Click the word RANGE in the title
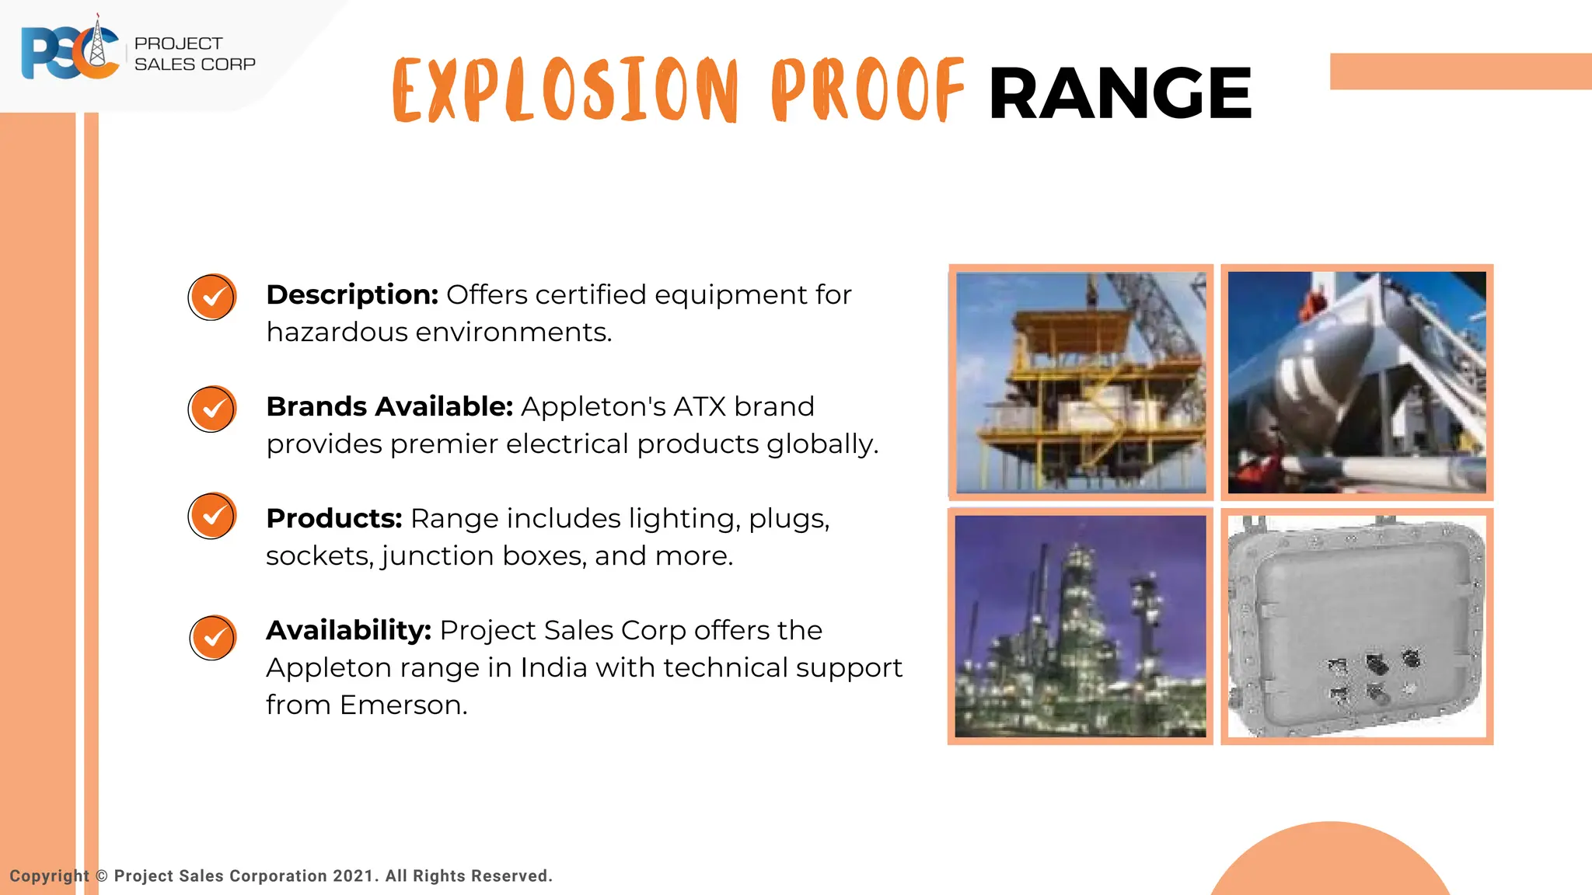point(1119,93)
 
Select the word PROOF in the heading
point(868,91)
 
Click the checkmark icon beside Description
point(211,297)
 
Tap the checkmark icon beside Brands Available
point(211,409)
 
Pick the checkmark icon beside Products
point(211,516)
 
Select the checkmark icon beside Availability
point(212,638)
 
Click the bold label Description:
point(352,295)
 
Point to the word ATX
point(700,407)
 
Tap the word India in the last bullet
point(553,668)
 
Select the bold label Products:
point(333,519)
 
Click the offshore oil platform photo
point(1081,382)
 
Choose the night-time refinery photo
point(1081,626)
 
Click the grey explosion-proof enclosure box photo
point(1356,626)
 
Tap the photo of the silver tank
point(1356,382)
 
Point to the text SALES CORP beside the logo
point(194,64)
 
